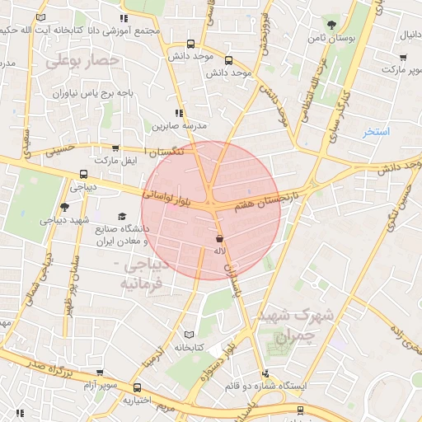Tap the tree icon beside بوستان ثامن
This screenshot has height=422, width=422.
tap(331, 24)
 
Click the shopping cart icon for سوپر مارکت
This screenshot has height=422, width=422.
tap(403, 58)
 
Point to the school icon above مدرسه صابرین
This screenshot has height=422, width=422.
tap(179, 113)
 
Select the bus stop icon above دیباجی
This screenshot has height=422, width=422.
tap(83, 175)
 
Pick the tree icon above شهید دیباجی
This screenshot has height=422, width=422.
tap(65, 207)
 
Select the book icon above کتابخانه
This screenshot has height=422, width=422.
tap(190, 335)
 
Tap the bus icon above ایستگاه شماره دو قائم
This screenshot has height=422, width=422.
tap(265, 373)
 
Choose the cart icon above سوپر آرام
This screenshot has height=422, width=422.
tap(100, 373)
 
